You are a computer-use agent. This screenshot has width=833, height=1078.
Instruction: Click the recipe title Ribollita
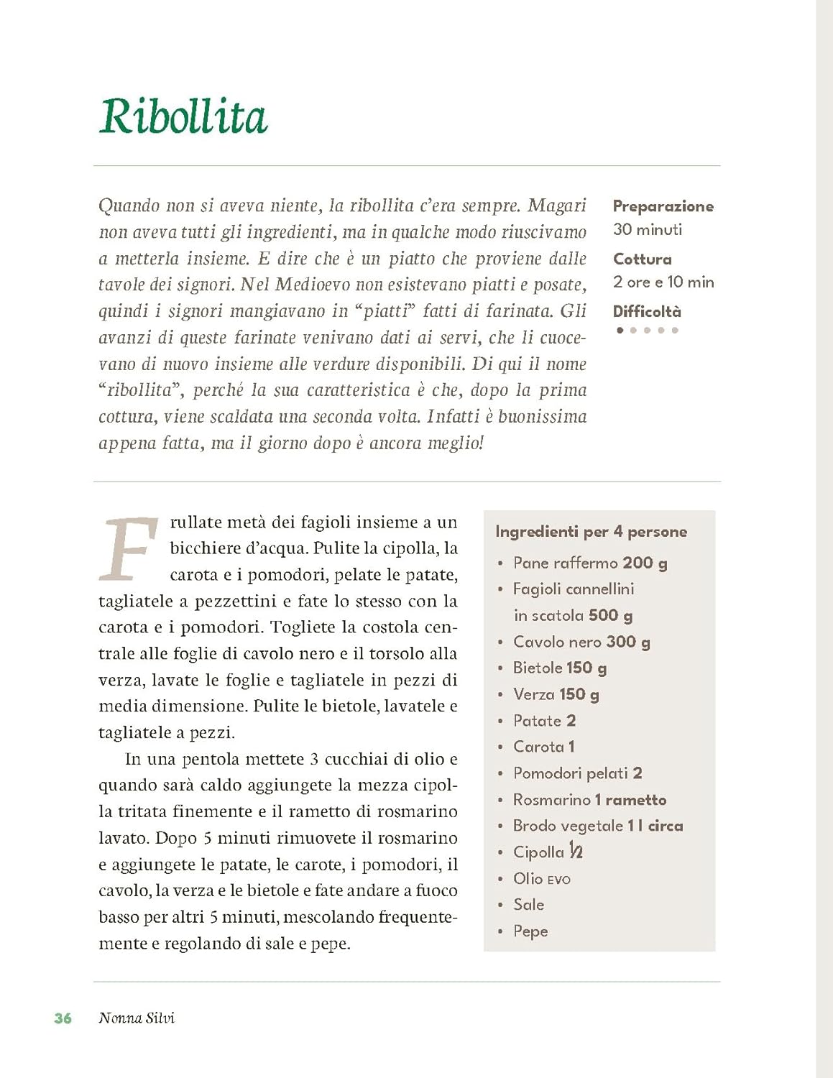(x=183, y=116)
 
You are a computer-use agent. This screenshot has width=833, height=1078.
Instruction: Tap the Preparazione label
(x=663, y=206)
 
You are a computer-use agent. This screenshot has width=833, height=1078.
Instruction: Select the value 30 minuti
(x=647, y=229)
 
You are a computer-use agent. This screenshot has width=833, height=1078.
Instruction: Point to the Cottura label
(x=642, y=259)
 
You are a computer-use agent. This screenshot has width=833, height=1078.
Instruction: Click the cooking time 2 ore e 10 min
(x=663, y=282)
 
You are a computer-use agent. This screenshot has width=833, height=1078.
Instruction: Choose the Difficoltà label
(x=646, y=311)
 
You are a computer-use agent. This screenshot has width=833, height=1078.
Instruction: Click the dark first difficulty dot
(x=620, y=331)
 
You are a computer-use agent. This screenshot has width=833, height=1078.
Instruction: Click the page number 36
(x=63, y=1018)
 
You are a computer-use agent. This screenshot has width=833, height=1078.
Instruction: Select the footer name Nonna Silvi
(x=137, y=1018)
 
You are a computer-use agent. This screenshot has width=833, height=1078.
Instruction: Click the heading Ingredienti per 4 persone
(x=591, y=532)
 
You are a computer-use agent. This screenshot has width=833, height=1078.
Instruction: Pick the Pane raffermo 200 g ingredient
(x=589, y=563)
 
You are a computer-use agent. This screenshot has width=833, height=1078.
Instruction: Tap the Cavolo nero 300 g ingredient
(x=581, y=642)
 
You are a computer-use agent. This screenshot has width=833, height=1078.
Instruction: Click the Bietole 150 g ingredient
(x=559, y=668)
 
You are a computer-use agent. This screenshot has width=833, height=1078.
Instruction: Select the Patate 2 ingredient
(x=544, y=721)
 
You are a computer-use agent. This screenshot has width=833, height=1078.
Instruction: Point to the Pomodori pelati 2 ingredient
(x=577, y=773)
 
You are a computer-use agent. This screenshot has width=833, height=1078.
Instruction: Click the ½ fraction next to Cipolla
(x=576, y=852)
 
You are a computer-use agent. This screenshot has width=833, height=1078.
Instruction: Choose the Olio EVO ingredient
(x=541, y=878)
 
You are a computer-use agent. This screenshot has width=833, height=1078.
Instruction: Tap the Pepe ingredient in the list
(x=530, y=931)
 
